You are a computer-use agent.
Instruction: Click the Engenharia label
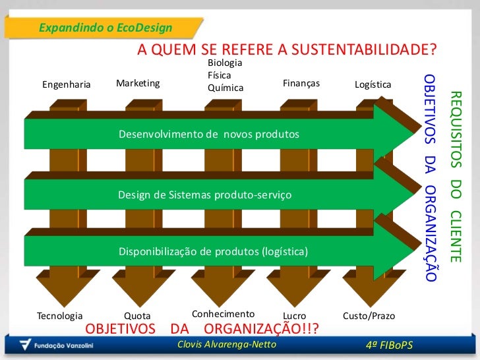tap(66, 84)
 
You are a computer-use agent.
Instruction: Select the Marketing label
tap(138, 83)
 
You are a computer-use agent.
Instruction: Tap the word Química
tap(225, 88)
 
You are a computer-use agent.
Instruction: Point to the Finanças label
tap(301, 83)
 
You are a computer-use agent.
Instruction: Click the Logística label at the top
tap(373, 85)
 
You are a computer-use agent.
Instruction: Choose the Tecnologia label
tap(60, 316)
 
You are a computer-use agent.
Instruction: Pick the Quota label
tap(138, 316)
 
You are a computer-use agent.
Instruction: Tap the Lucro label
tap(294, 316)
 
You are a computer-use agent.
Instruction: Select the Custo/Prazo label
tap(369, 316)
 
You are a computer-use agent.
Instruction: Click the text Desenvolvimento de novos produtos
tap(208, 135)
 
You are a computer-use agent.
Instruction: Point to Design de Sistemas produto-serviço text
tap(204, 195)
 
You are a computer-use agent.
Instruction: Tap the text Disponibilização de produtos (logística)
tap(213, 252)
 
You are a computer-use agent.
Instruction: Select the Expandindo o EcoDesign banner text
tap(105, 28)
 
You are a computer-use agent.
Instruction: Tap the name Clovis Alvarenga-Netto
tap(227, 345)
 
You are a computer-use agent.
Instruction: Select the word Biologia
tap(225, 63)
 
